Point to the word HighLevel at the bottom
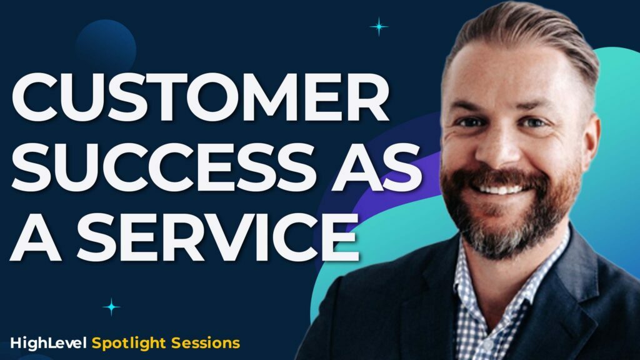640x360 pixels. coord(49,342)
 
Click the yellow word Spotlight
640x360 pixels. coord(127,342)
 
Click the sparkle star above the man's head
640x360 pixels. coord(378,27)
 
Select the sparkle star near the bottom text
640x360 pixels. coord(111,306)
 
